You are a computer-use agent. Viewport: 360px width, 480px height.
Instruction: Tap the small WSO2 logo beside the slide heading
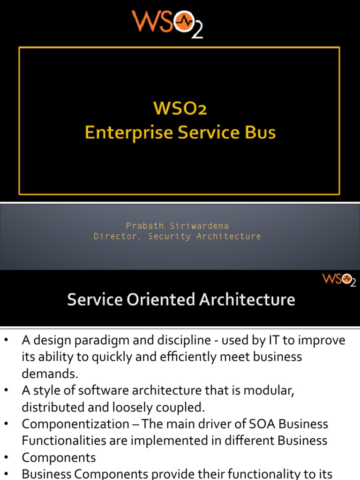338,280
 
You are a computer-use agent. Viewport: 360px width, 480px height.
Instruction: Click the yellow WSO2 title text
180,109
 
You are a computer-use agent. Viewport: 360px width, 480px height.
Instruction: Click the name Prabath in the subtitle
145,226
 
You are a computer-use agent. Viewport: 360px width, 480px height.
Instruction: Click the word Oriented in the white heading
157,300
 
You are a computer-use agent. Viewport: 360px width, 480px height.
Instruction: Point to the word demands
49,374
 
